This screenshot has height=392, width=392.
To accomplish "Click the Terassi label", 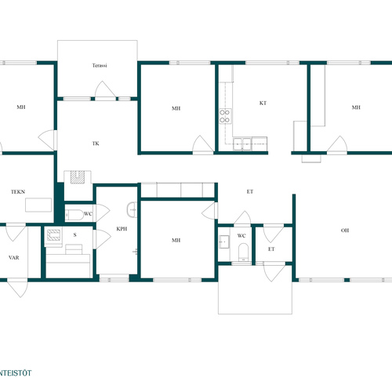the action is [100, 65].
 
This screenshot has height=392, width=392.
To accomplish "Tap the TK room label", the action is [96, 143].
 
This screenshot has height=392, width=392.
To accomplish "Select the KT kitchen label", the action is [263, 103].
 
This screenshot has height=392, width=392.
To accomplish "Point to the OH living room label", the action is [345, 230].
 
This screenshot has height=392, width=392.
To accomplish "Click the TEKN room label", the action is [18, 192].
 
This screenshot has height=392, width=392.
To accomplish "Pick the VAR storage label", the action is [14, 258].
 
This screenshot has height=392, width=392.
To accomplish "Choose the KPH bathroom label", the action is [122, 229].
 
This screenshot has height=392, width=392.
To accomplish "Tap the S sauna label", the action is [75, 235].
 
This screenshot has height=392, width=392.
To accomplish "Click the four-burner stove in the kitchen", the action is [225, 116].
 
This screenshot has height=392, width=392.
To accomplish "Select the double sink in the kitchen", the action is [242, 144].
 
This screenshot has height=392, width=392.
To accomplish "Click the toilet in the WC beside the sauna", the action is [74, 215].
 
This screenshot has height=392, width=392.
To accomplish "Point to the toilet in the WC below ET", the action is [243, 252].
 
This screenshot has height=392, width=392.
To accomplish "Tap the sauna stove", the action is [53, 234].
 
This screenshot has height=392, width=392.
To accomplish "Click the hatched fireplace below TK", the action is [78, 177].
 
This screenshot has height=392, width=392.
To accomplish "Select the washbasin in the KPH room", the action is [132, 209].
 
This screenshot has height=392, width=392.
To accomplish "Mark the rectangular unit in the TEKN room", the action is [38, 205].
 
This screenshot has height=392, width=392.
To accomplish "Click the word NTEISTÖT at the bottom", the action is [16, 373].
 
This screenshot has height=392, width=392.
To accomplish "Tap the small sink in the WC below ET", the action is [224, 241].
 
